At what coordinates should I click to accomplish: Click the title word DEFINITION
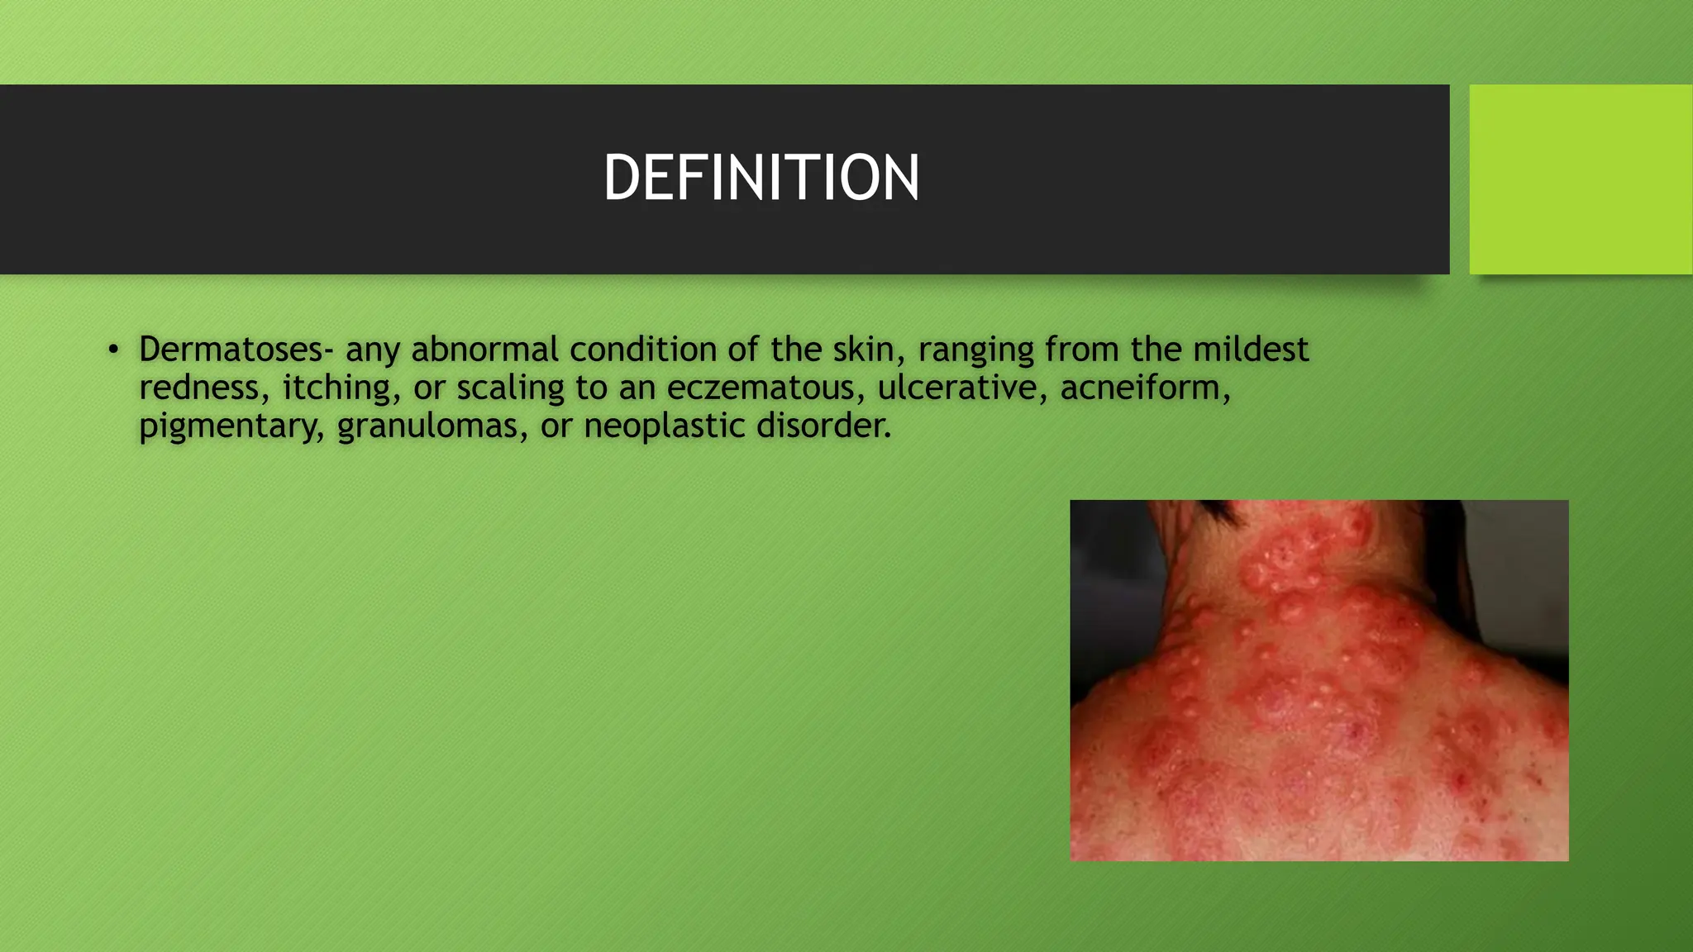(x=761, y=178)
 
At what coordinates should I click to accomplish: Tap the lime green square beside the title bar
(x=1580, y=178)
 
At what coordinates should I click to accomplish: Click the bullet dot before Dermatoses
(x=113, y=350)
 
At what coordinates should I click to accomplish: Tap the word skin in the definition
(x=864, y=350)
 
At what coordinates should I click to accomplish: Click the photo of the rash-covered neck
(x=1319, y=680)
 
